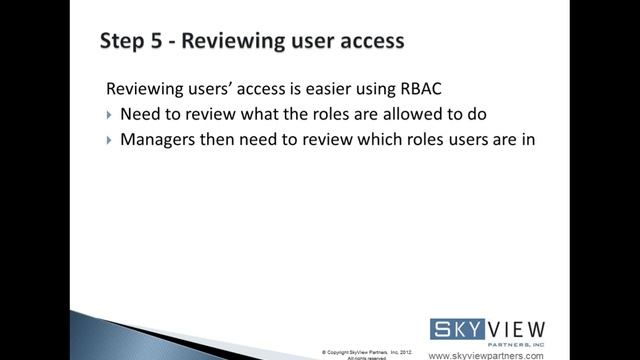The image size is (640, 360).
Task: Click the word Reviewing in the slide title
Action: click(x=237, y=41)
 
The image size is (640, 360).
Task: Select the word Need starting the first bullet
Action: click(x=141, y=114)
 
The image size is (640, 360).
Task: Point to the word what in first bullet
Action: click(x=256, y=114)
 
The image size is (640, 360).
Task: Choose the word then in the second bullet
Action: click(x=225, y=140)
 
